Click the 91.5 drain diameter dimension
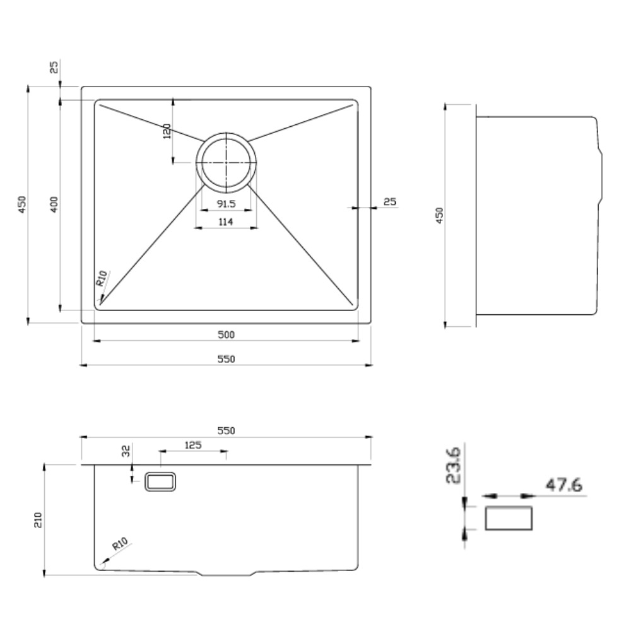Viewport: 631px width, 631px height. [x=226, y=204]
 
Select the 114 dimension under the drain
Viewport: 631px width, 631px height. [x=226, y=221]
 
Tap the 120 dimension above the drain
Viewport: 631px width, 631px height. [x=167, y=131]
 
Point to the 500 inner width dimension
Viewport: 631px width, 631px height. [x=226, y=335]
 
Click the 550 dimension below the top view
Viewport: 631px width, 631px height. [x=226, y=359]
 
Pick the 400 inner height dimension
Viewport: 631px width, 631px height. [x=54, y=204]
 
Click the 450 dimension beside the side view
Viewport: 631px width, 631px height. [x=439, y=215]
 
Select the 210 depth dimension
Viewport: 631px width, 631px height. [x=38, y=520]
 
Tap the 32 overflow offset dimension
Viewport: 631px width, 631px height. [x=126, y=451]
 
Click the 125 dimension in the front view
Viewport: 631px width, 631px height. [x=193, y=445]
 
